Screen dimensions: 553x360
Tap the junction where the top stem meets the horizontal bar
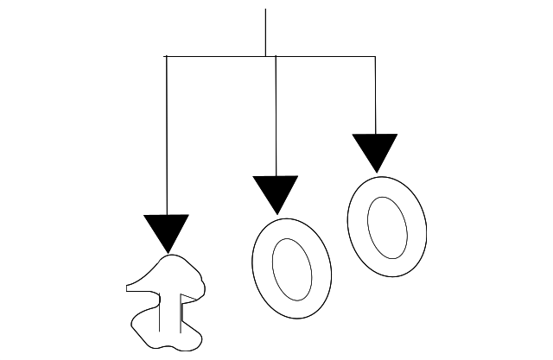pos(265,56)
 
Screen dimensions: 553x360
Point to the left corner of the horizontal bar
pos(166,56)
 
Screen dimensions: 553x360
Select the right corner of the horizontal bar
pos(375,56)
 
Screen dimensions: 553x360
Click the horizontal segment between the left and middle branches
pos(216,56)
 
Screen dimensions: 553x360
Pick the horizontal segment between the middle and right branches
pos(325,56)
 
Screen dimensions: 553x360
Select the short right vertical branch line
pos(375,95)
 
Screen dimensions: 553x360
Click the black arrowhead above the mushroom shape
pos(166,231)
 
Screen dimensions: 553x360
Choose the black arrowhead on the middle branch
pos(276,193)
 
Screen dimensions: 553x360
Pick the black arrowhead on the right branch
pos(375,151)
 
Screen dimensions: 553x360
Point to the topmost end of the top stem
pos(265,10)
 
